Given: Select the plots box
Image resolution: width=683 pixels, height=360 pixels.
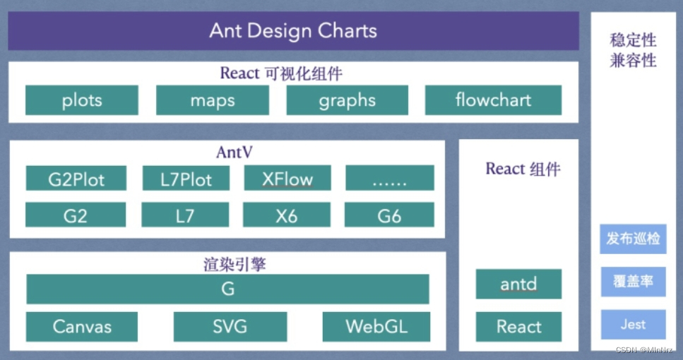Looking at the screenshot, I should pos(82,100).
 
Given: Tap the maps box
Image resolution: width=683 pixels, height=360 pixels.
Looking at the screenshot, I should pos(212,100).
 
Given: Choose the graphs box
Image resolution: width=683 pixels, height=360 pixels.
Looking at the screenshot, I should pos(347,100).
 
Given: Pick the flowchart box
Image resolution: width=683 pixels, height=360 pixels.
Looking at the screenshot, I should pos(493,100).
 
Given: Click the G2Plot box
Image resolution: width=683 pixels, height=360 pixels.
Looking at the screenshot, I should pos(76,179).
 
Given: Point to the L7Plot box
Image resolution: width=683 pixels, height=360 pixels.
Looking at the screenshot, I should pos(186,179).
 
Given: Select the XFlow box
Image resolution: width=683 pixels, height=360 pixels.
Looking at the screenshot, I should pos(287,179).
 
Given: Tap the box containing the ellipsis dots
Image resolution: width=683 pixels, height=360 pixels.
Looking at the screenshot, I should pos(389,179).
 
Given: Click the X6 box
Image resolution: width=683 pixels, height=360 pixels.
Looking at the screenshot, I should pos(287,215).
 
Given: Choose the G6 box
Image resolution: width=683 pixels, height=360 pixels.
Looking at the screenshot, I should pos(389,215).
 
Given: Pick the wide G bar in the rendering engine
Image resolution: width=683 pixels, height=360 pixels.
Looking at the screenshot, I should pos(227,289).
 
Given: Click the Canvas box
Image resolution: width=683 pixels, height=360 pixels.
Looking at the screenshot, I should pos(82,326).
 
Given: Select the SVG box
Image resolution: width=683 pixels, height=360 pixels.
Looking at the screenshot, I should pos(230,326).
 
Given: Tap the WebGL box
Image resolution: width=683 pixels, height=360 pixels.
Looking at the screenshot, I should pos(376,326).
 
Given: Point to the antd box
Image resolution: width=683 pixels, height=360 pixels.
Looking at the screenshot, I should pos(518,284).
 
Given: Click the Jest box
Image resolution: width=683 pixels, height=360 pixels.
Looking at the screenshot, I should pos(633,325).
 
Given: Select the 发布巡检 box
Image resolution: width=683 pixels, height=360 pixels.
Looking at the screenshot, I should pos(633,239).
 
